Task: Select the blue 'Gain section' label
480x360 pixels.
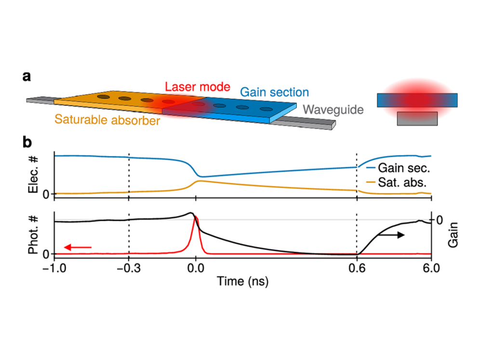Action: (x=274, y=92)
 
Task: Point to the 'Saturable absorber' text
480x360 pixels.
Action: (x=107, y=120)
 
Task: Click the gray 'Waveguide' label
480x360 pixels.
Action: (x=333, y=110)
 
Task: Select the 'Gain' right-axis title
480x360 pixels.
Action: (x=452, y=234)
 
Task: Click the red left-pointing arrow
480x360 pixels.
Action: (x=78, y=247)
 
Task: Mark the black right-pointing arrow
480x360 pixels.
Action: (x=390, y=235)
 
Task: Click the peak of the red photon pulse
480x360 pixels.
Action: (x=195, y=218)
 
